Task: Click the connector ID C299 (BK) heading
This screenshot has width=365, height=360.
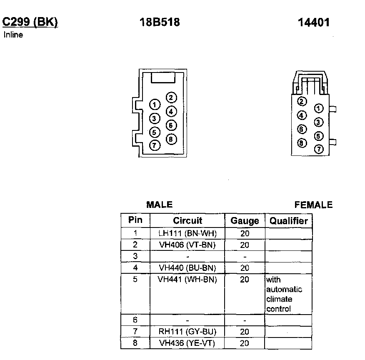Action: coord(30,22)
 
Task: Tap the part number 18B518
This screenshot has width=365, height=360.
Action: coord(160,22)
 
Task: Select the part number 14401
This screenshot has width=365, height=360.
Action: coord(313,23)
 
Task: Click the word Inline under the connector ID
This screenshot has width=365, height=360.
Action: coord(13,35)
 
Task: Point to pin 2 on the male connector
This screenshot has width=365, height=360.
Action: coord(171,97)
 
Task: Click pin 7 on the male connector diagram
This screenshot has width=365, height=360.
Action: coord(155,145)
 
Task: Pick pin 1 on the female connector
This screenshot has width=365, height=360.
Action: coord(319,109)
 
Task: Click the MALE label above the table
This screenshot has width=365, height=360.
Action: coord(159,205)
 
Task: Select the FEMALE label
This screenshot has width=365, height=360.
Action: coord(313,205)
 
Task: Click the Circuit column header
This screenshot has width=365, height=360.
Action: coord(187,221)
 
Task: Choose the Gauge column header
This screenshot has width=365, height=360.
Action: coord(245,221)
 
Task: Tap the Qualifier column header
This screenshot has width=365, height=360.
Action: coord(288,221)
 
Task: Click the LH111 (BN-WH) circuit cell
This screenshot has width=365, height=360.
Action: coord(187,233)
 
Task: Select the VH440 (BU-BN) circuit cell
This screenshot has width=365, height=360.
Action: coord(187,268)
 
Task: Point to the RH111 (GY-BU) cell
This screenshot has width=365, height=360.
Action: coord(187,332)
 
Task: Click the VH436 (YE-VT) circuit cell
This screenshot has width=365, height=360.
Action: coord(187,343)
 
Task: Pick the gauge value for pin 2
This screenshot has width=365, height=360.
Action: coord(245,245)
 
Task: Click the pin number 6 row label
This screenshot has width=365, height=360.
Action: coord(135,320)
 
